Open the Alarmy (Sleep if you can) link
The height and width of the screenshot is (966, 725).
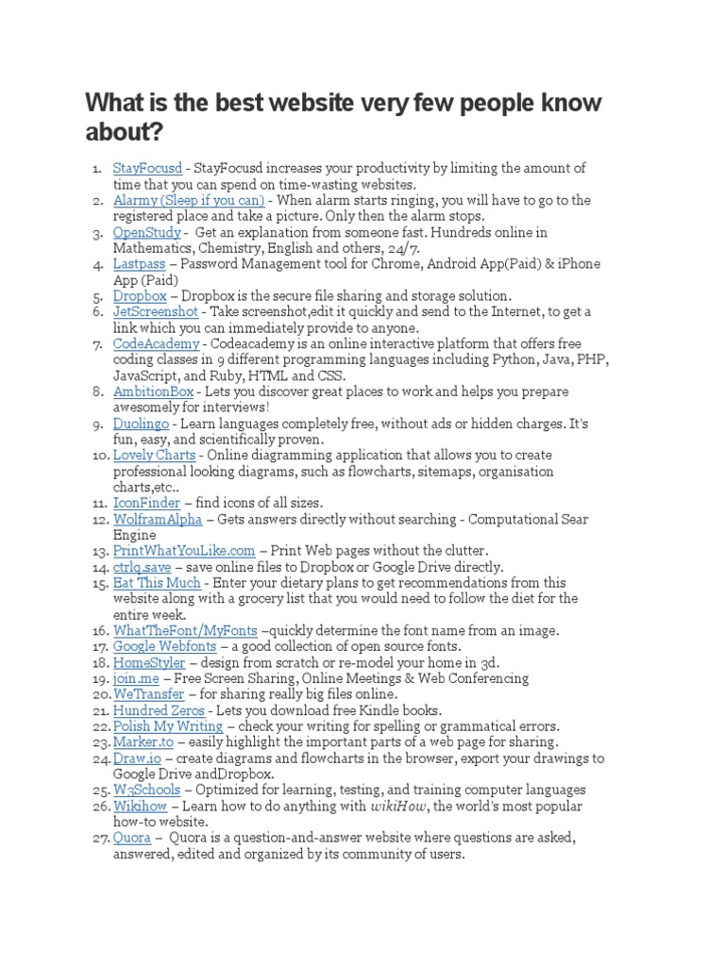point(189,200)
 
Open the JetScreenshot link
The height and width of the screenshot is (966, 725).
point(156,312)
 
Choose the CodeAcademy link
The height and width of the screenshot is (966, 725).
point(156,344)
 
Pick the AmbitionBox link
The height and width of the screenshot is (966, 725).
point(153,391)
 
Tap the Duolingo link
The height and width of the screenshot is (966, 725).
point(143,424)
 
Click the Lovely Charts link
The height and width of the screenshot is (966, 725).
point(155,456)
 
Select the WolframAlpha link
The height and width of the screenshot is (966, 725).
point(156,519)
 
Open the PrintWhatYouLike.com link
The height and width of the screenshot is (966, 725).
point(184,551)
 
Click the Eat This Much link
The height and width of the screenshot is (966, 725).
point(157,583)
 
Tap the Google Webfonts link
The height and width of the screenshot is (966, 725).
point(165,646)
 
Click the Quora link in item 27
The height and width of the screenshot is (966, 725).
point(132,838)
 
